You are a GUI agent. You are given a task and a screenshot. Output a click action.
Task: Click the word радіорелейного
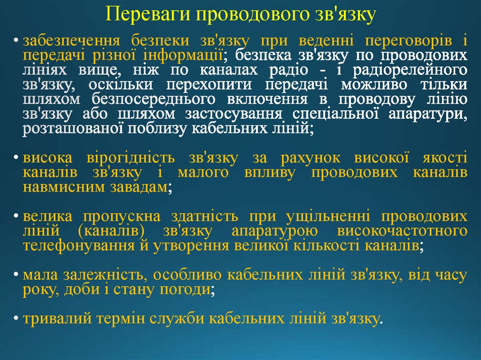click(x=413, y=70)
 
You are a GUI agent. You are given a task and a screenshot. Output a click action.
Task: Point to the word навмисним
click(x=57, y=187)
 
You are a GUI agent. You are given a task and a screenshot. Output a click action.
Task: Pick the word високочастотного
click(x=402, y=231)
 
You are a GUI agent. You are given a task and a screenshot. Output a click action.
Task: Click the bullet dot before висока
click(x=16, y=158)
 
